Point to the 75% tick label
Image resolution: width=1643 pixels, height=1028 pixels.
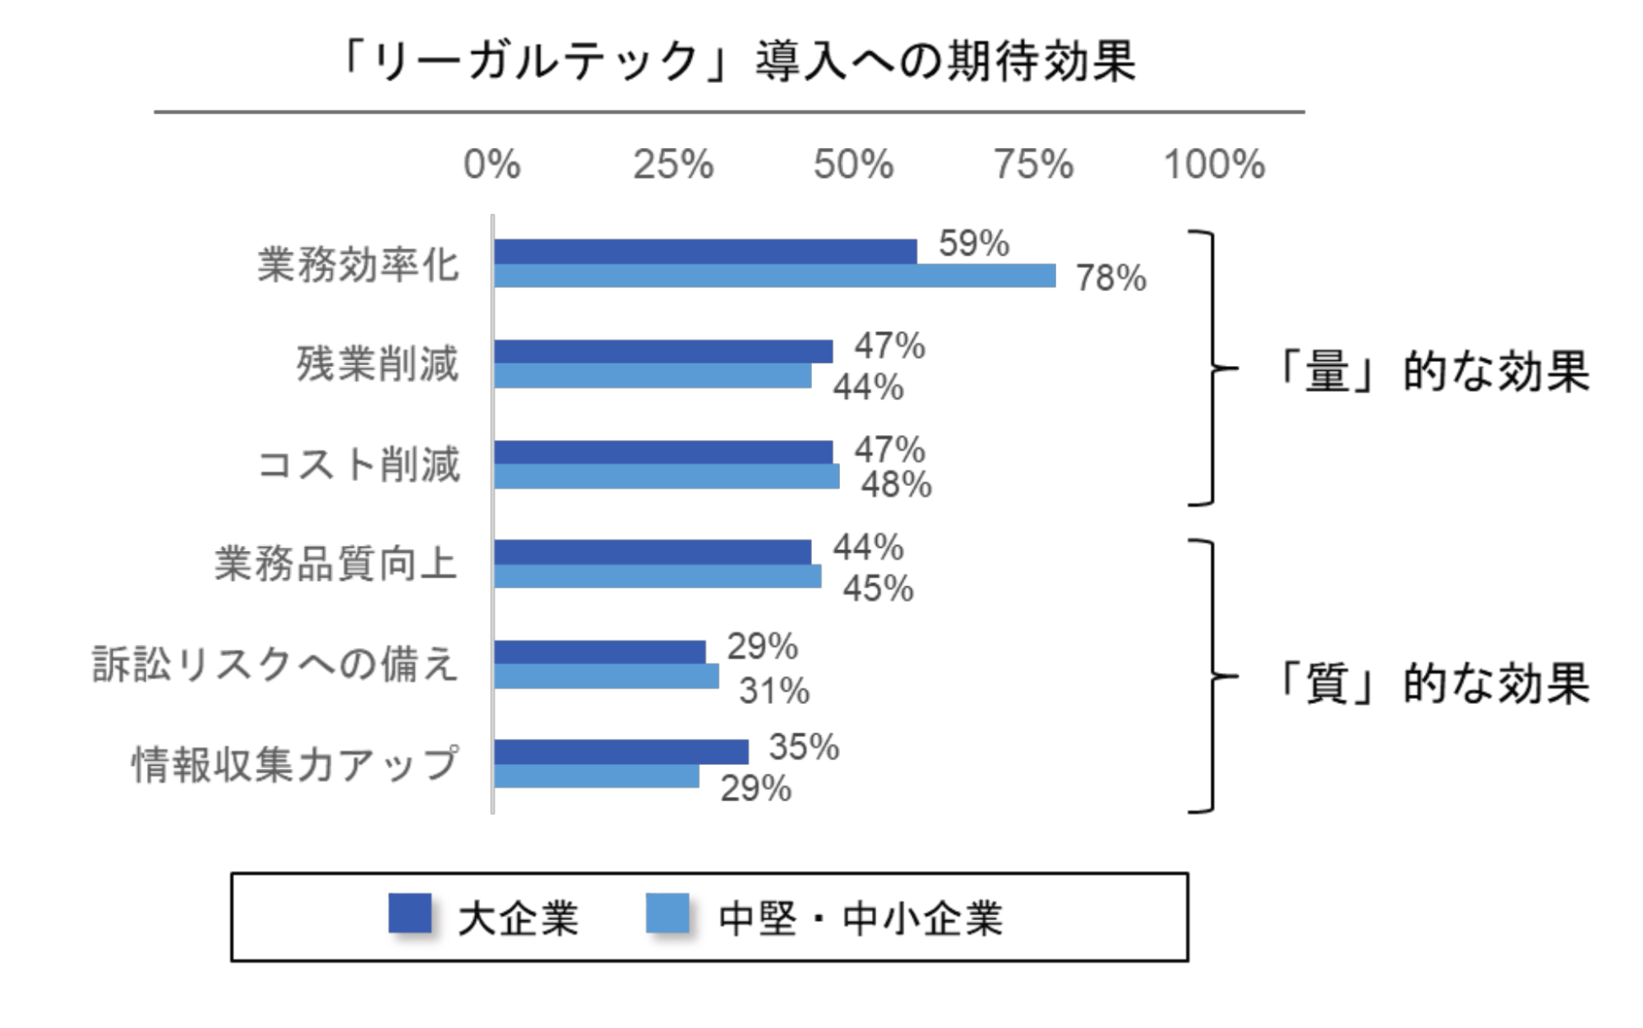click(x=1033, y=164)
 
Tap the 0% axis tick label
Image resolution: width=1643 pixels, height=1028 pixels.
click(x=492, y=164)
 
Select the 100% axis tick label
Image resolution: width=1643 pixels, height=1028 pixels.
click(x=1214, y=164)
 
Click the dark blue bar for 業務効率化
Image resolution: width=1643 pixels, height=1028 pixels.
click(x=705, y=252)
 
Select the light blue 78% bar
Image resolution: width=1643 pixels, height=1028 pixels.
click(x=774, y=276)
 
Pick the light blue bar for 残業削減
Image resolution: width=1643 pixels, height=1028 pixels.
click(x=653, y=377)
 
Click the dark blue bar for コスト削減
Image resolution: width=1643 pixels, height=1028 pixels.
click(x=663, y=452)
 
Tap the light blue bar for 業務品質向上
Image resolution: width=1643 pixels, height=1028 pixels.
click(x=658, y=577)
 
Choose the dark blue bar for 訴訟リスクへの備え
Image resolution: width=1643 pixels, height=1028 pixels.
click(x=600, y=652)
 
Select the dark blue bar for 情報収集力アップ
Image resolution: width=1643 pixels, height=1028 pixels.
click(x=621, y=752)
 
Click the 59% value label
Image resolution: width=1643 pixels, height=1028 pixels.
click(x=974, y=243)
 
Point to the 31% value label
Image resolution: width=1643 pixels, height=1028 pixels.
click(x=774, y=691)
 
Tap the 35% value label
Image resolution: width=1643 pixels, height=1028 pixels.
click(x=804, y=748)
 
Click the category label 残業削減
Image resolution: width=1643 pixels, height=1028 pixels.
click(x=377, y=364)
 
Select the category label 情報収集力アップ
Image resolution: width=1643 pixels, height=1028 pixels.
click(x=295, y=764)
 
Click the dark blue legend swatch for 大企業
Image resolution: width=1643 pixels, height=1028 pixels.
click(x=409, y=914)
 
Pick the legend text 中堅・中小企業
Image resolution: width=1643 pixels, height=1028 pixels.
click(x=860, y=919)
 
